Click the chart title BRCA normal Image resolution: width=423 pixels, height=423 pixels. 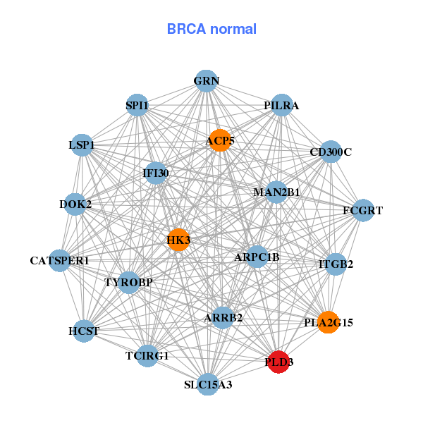(211, 30)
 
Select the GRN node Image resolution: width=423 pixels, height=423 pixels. (205, 80)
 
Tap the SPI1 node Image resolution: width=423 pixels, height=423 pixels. (137, 106)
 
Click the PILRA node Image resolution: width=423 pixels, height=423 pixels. (282, 105)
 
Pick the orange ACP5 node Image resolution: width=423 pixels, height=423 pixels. (220, 140)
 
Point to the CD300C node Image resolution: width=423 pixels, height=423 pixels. (331, 152)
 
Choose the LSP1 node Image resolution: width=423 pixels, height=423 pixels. (82, 145)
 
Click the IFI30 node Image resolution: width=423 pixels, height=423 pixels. (156, 173)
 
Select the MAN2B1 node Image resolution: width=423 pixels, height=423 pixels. (276, 192)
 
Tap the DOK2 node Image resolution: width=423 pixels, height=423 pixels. (75, 204)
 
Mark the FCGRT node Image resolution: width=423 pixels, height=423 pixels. (362, 210)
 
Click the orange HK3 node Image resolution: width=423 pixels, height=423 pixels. (178, 240)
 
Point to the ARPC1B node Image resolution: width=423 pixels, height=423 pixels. (257, 257)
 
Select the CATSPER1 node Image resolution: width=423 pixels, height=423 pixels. (60, 261)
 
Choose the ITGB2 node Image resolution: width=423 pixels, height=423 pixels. (336, 264)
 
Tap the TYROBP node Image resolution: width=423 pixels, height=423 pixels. (129, 283)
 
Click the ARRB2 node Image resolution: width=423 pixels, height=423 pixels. (223, 318)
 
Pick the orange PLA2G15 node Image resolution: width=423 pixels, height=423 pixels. (328, 323)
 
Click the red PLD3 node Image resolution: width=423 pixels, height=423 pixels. (279, 362)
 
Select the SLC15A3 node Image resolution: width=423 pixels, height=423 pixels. (207, 384)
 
